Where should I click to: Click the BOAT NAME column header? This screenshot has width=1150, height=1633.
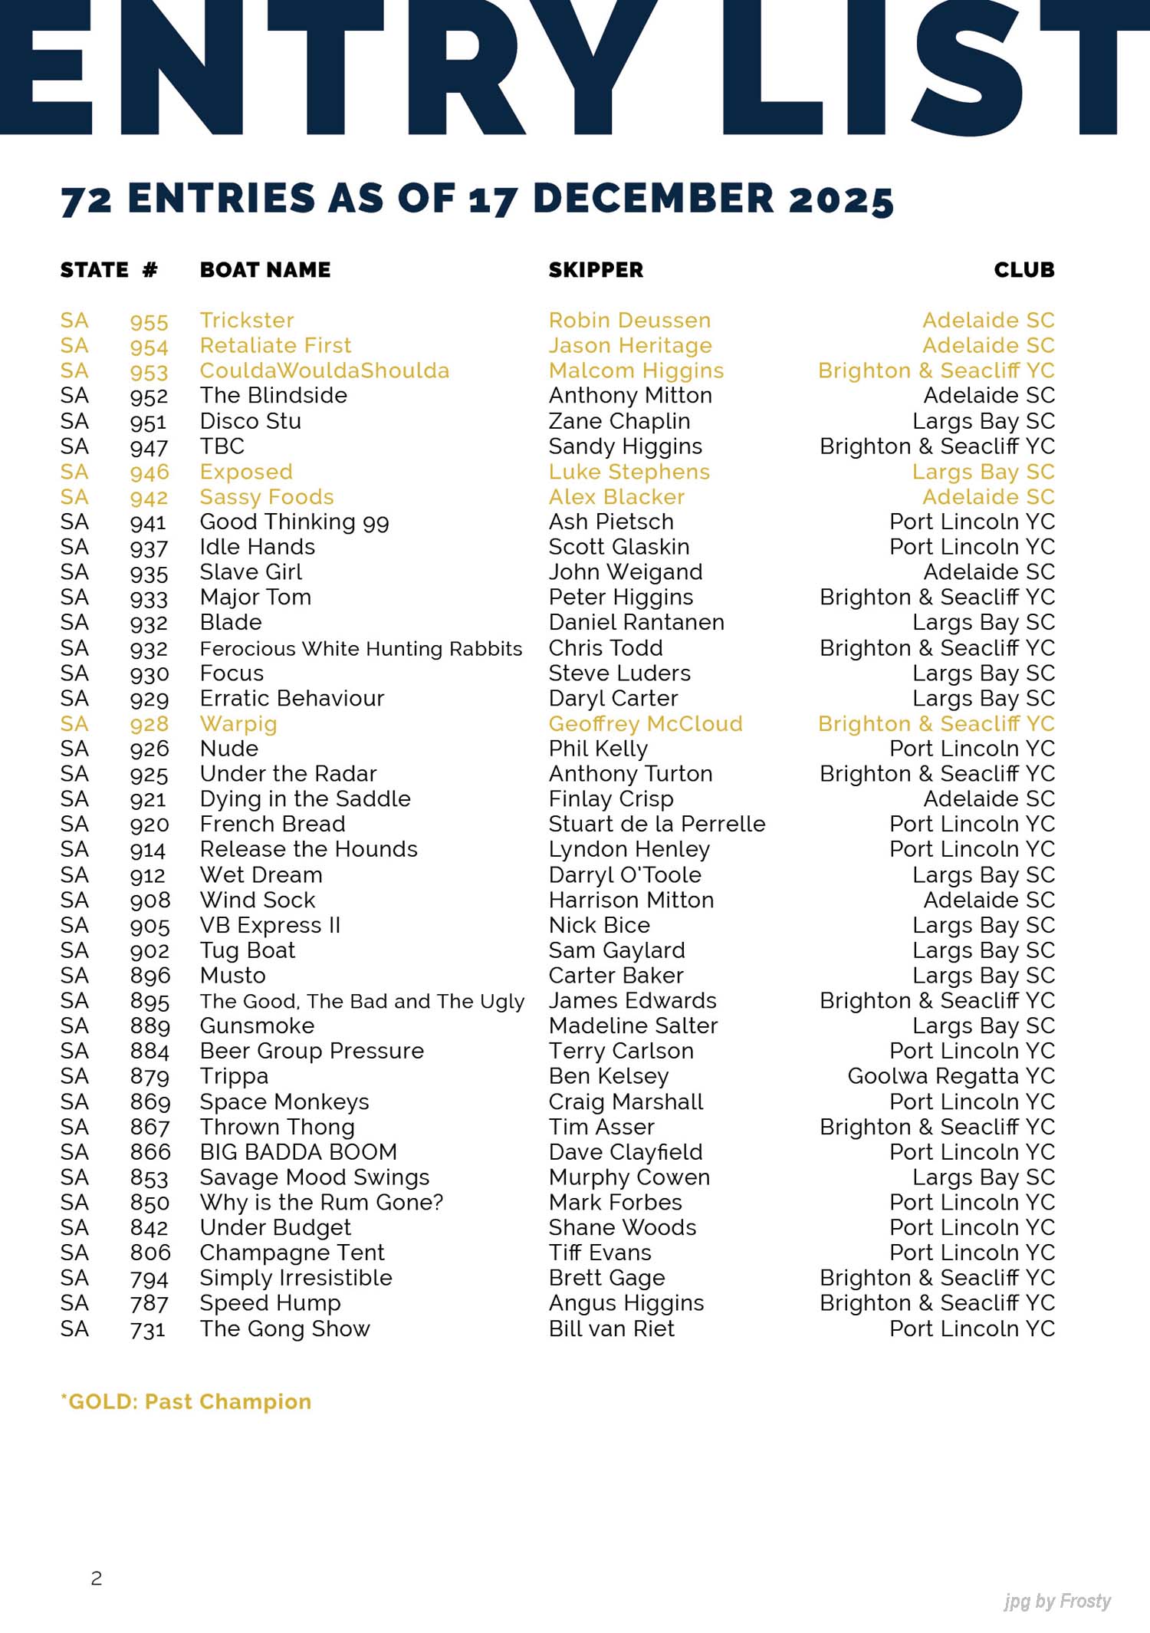click(265, 270)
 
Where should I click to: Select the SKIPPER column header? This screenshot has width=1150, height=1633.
click(596, 270)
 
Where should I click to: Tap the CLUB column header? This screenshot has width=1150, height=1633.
click(1024, 270)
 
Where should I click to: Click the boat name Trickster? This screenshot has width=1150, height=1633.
click(247, 321)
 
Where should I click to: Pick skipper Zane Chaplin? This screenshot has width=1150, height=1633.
click(619, 421)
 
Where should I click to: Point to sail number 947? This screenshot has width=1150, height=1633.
click(149, 447)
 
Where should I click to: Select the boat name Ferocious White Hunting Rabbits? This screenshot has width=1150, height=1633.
click(360, 649)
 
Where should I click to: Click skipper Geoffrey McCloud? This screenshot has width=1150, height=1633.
click(645, 724)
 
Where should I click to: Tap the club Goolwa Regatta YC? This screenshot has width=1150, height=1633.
click(951, 1076)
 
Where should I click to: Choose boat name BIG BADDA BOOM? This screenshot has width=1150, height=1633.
click(298, 1152)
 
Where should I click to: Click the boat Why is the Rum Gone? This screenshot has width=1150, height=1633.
click(321, 1202)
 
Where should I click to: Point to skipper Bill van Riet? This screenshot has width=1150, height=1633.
click(611, 1328)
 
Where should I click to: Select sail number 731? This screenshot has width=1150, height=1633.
click(148, 1329)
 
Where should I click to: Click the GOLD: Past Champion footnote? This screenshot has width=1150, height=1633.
click(186, 1401)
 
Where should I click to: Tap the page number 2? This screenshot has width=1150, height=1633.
click(97, 1578)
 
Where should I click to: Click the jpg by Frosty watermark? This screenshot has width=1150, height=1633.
click(1056, 1601)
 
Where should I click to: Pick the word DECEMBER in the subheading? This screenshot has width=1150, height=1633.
click(653, 199)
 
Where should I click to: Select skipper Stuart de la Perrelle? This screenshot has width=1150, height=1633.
click(656, 824)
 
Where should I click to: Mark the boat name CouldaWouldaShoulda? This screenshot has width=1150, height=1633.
click(324, 370)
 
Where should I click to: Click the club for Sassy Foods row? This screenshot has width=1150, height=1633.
click(988, 497)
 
